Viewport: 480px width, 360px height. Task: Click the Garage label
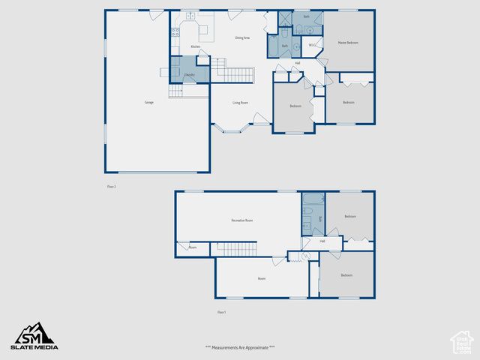(x=149, y=103)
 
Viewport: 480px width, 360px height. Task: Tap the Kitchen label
(x=195, y=46)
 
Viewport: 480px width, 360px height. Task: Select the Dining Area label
(x=242, y=37)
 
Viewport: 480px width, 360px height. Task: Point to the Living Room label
(x=240, y=103)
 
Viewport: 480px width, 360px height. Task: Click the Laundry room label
(x=190, y=75)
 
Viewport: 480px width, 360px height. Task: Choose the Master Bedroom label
(x=348, y=43)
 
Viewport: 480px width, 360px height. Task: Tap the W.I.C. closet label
(x=313, y=46)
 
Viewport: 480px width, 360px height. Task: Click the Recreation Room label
(x=241, y=220)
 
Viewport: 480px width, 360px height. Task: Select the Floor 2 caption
(x=112, y=187)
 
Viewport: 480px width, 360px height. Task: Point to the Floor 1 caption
(x=221, y=312)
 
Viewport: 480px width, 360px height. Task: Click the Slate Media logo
(x=33, y=336)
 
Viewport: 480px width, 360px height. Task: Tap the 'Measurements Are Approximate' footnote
(x=240, y=347)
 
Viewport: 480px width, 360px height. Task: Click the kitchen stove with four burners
(x=175, y=31)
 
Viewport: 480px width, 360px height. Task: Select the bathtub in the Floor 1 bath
(x=313, y=200)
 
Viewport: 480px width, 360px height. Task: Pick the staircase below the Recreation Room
(x=237, y=250)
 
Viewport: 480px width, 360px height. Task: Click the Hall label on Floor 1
(x=322, y=241)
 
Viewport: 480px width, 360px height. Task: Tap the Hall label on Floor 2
(x=298, y=63)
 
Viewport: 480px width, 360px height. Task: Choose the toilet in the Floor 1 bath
(x=307, y=227)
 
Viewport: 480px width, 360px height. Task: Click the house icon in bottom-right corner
(x=461, y=341)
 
